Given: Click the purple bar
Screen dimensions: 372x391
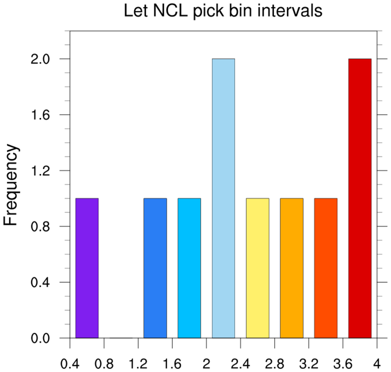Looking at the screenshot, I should [87, 268].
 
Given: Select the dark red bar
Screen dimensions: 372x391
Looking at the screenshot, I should [360, 199].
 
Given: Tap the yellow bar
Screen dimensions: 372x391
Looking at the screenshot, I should [257, 268].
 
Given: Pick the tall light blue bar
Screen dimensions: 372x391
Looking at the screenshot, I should [223, 199].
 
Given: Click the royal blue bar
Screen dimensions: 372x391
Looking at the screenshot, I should [155, 268].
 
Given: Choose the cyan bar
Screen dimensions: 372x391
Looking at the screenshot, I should [189, 268].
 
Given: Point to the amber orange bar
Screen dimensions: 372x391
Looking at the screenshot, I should [292, 268].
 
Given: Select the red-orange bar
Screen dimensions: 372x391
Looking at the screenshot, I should [326, 268].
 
